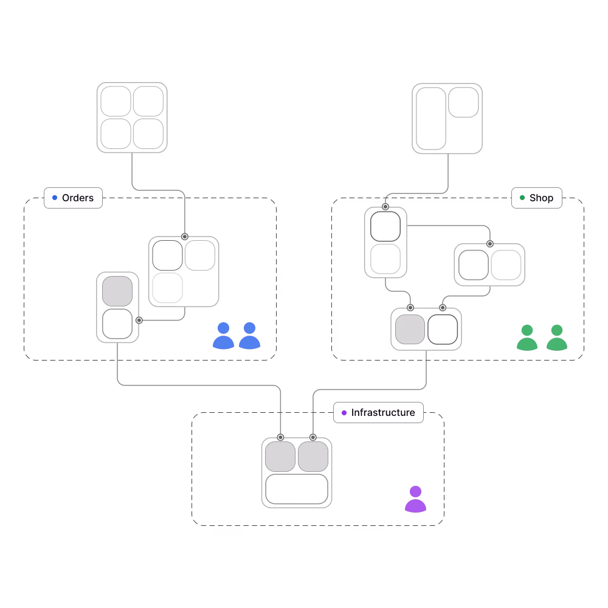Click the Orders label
pyautogui.click(x=77, y=198)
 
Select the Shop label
pyautogui.click(x=541, y=198)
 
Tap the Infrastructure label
pyautogui.click(x=382, y=412)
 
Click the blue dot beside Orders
pyautogui.click(x=55, y=198)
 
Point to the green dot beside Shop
pyautogui.click(x=522, y=198)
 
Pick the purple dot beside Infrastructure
pyautogui.click(x=344, y=413)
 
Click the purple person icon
pyautogui.click(x=415, y=499)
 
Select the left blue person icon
pyautogui.click(x=223, y=336)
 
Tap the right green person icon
pyautogui.click(x=556, y=338)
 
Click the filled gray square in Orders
pyautogui.click(x=117, y=291)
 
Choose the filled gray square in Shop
pyautogui.click(x=410, y=330)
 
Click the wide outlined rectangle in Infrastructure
pyautogui.click(x=297, y=489)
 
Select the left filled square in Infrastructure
pyautogui.click(x=280, y=457)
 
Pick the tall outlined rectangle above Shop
pyautogui.click(x=431, y=119)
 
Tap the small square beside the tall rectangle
pyautogui.click(x=463, y=103)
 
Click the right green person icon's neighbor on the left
pyautogui.click(x=527, y=338)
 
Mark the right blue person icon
pyautogui.click(x=249, y=336)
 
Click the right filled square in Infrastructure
pyautogui.click(x=313, y=457)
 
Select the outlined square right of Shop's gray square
pyautogui.click(x=443, y=330)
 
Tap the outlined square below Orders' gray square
pyautogui.click(x=117, y=323)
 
